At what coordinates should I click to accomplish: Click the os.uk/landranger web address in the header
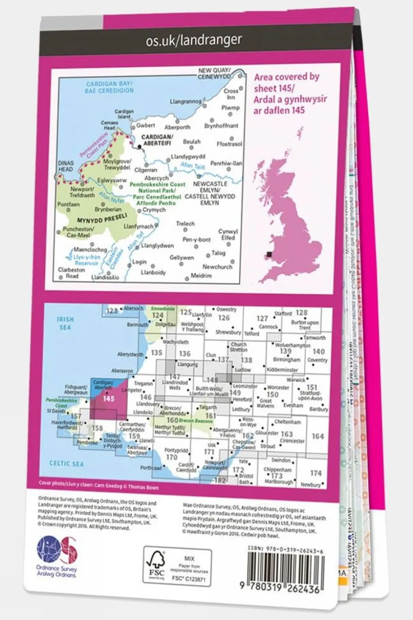click(194, 41)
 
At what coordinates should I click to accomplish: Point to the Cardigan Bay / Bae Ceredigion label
click(109, 87)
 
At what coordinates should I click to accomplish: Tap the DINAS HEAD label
click(66, 166)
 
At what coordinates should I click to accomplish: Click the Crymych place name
click(154, 210)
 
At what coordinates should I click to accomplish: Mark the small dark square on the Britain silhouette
click(270, 255)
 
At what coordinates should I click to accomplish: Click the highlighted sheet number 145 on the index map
click(108, 399)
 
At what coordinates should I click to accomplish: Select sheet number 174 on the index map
click(316, 473)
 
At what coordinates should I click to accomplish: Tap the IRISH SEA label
click(65, 323)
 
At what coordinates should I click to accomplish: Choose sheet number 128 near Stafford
click(301, 313)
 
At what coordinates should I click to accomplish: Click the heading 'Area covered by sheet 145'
click(286, 93)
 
